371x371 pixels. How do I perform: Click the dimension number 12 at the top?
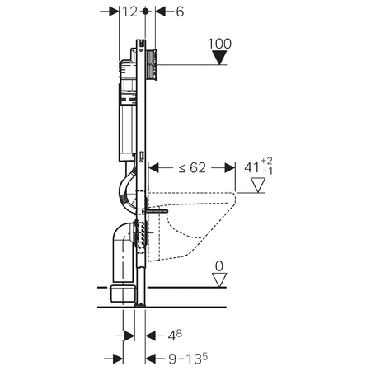pyautogui.click(x=129, y=12)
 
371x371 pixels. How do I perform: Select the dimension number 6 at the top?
pyautogui.click(x=180, y=12)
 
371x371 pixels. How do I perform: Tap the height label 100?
pyautogui.click(x=219, y=44)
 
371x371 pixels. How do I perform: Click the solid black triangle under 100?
pyautogui.click(x=219, y=58)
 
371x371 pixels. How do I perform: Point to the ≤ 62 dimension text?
pyautogui.click(x=192, y=167)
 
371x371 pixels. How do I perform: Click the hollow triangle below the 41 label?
pyautogui.click(x=258, y=185)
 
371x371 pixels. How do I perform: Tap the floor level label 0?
pyautogui.click(x=219, y=266)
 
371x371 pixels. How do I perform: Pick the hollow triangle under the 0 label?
pyautogui.click(x=219, y=280)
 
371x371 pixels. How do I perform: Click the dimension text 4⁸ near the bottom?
pyautogui.click(x=175, y=336)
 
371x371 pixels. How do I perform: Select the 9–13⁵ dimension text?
pyautogui.click(x=188, y=359)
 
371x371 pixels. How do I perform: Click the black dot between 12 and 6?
pyautogui.click(x=145, y=12)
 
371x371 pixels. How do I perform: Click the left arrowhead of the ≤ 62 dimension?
pyautogui.click(x=153, y=167)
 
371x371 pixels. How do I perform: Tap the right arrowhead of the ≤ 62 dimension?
pyautogui.click(x=230, y=167)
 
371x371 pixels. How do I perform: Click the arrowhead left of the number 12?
pyautogui.click(x=114, y=12)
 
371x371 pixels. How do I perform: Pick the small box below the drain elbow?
pyautogui.click(x=123, y=294)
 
